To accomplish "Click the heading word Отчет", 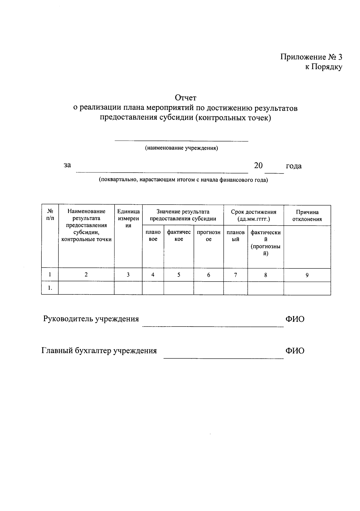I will [186, 98].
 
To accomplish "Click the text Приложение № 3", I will [311, 57].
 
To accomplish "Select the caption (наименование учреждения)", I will [181, 148].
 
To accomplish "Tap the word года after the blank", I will [294, 166].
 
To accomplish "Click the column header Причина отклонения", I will [307, 215].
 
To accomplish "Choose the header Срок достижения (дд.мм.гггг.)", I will [253, 215].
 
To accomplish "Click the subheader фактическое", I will [179, 236].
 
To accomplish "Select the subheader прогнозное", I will [208, 236].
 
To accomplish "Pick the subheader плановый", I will [235, 236].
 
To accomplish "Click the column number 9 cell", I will [307, 275].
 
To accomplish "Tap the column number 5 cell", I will [179, 275].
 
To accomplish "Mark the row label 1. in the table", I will [50, 288].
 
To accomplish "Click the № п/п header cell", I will [50, 215].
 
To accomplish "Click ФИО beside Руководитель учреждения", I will [295, 319].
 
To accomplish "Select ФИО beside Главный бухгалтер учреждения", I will [295, 351].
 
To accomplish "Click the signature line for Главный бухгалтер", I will [223, 358].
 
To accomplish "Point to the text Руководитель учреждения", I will [91, 319].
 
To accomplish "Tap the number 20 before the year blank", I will [258, 166].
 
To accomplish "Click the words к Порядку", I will [324, 67].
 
